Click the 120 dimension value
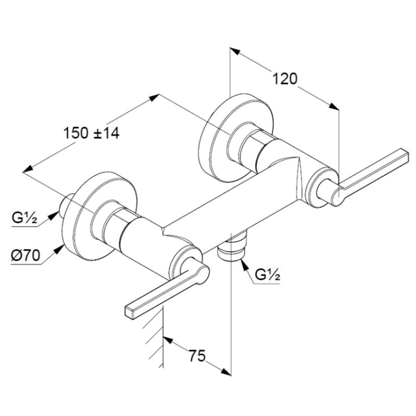285,79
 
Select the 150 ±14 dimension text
92,133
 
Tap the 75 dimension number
197,356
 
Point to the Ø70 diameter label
25,255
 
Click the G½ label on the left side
24,218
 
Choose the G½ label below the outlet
267,275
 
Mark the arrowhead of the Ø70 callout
59,250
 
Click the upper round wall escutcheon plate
236,137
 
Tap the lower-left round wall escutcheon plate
100,216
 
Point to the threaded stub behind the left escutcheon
65,205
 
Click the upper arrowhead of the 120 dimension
235,51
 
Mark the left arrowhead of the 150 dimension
28,168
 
